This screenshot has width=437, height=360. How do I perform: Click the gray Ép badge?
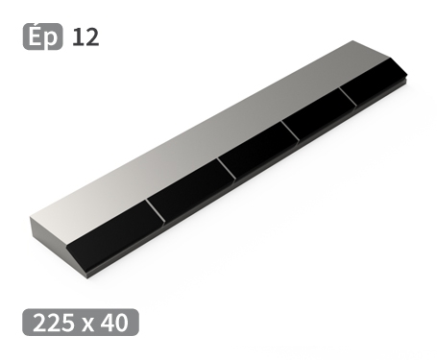coord(42,37)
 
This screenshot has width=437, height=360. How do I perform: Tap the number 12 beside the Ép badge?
coord(85,37)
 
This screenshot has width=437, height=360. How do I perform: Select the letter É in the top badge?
coord(36,37)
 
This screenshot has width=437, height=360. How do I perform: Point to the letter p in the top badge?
coord(52,39)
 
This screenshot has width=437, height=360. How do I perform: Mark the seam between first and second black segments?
coord(157,212)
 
